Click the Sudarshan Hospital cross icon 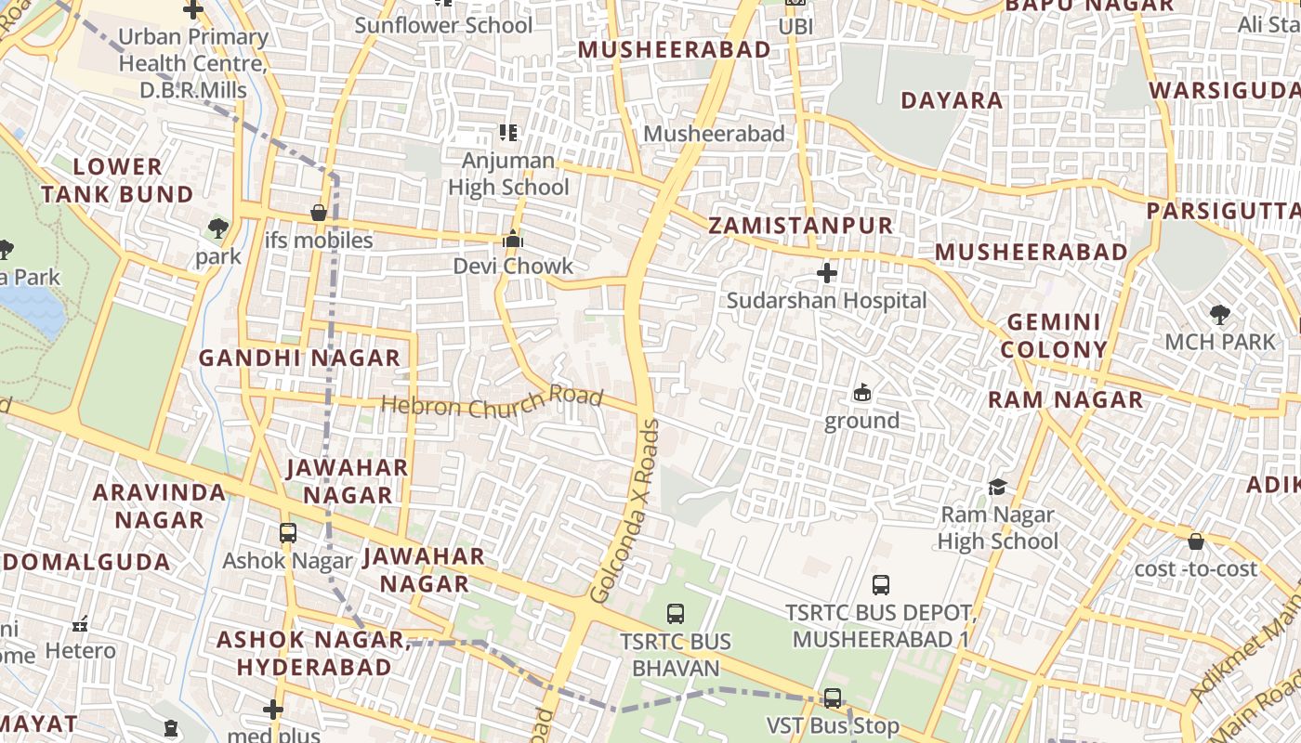pyautogui.click(x=826, y=273)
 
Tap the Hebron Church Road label pyautogui.click(x=493, y=403)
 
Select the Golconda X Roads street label pyautogui.click(x=624, y=512)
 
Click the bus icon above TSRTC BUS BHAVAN pyautogui.click(x=676, y=614)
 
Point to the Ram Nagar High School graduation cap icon pyautogui.click(x=997, y=487)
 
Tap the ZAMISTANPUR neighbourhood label pyautogui.click(x=800, y=226)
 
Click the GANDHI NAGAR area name pyautogui.click(x=299, y=358)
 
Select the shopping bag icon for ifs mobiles pyautogui.click(x=319, y=213)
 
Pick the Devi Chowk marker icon pyautogui.click(x=512, y=240)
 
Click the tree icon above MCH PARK pyautogui.click(x=1220, y=315)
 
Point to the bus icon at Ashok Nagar pyautogui.click(x=288, y=533)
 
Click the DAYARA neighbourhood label pyautogui.click(x=952, y=100)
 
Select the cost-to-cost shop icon pyautogui.click(x=1196, y=541)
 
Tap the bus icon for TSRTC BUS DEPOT pyautogui.click(x=881, y=585)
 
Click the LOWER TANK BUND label pyautogui.click(x=117, y=180)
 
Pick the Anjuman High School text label pyautogui.click(x=508, y=174)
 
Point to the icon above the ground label pyautogui.click(x=861, y=393)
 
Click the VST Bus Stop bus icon pyautogui.click(x=833, y=697)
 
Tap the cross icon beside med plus pyautogui.click(x=272, y=710)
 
